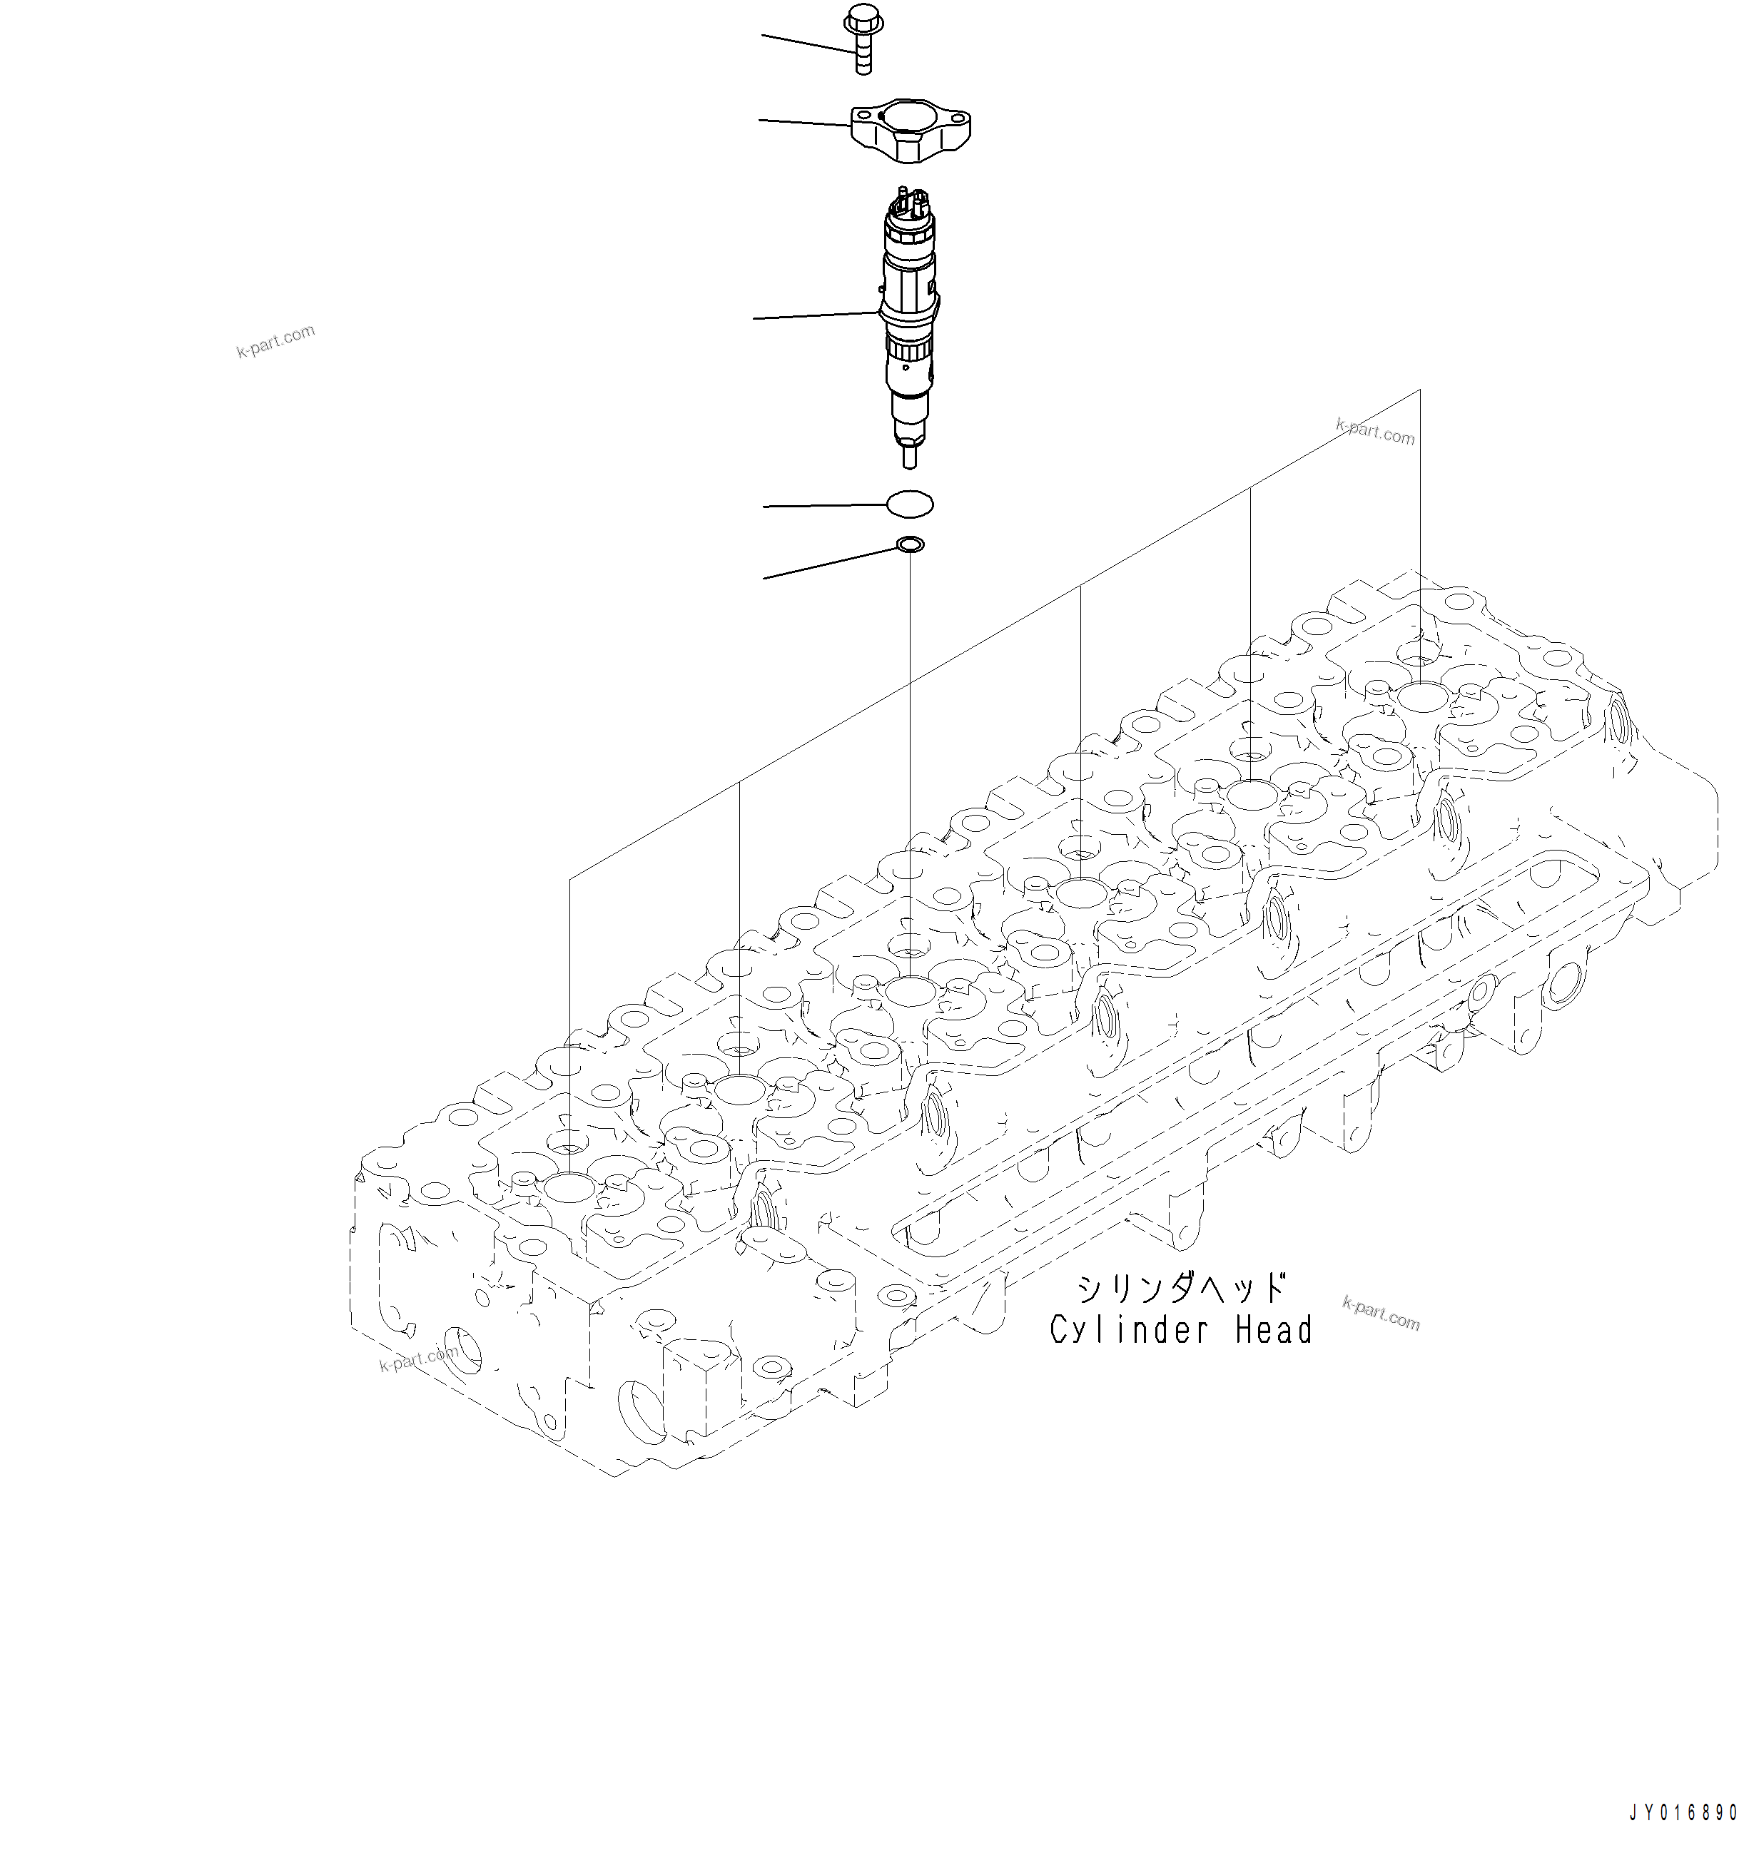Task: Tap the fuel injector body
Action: coord(909,318)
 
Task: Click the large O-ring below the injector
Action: coord(909,504)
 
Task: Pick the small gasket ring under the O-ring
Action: coord(910,544)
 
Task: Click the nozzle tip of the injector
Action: coord(909,457)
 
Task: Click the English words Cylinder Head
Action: coord(1180,1330)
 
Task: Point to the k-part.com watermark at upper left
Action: coord(275,342)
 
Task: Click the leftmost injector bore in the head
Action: coord(568,1189)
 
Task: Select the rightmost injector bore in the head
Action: coord(1420,697)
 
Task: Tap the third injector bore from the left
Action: coord(909,990)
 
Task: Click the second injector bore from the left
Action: coord(739,1089)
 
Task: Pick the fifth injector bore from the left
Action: coord(1250,796)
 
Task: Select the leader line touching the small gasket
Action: coord(827,563)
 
